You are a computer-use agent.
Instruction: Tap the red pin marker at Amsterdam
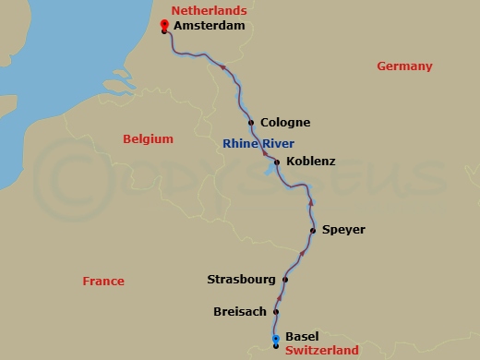(x=164, y=26)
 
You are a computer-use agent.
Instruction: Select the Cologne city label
(x=285, y=123)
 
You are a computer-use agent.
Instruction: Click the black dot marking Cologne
(x=251, y=122)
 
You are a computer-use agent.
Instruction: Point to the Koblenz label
(x=311, y=162)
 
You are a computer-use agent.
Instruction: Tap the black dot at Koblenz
(x=277, y=162)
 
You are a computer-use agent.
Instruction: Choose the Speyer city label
(x=343, y=230)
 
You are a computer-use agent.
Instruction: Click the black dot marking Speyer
(x=313, y=230)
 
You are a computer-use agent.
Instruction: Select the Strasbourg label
(x=241, y=279)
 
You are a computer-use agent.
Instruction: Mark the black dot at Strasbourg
(x=285, y=280)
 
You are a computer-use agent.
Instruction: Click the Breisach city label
(x=240, y=312)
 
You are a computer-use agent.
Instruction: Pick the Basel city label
(x=303, y=337)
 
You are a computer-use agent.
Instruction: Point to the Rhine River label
(x=258, y=143)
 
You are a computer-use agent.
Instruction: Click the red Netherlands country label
(x=209, y=11)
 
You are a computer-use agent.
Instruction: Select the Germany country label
(x=404, y=66)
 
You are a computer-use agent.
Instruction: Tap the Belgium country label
(x=148, y=138)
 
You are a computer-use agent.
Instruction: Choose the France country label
(x=102, y=282)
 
